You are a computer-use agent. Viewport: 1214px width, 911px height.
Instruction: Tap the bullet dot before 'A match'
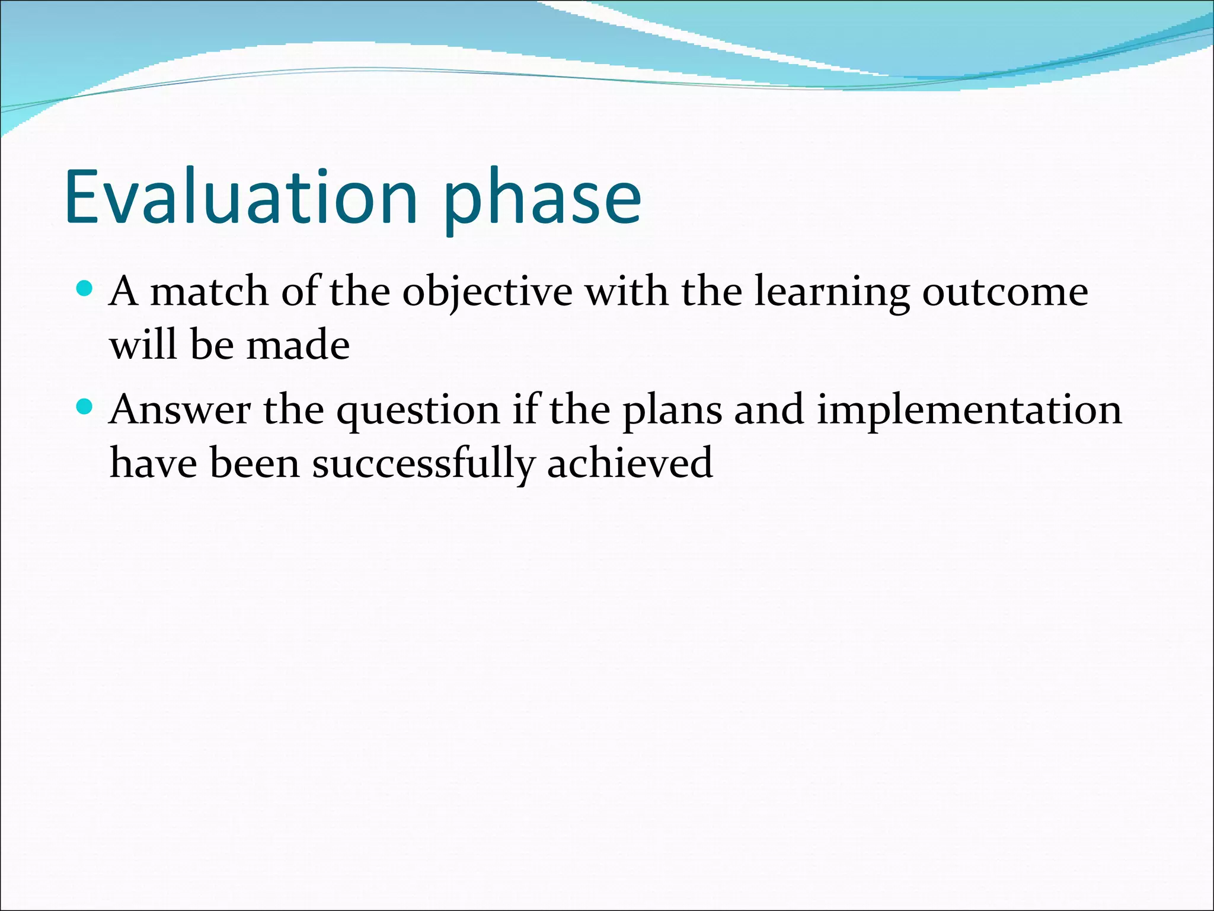coord(85,289)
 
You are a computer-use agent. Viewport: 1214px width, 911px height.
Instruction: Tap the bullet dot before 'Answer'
coord(85,407)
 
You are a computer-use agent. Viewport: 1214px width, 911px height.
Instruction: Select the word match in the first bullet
coord(209,292)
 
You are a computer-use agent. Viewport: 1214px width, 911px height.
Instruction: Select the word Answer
coord(180,410)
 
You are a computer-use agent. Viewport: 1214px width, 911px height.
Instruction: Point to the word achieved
coord(630,463)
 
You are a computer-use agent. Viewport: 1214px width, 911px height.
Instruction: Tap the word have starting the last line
coord(153,463)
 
